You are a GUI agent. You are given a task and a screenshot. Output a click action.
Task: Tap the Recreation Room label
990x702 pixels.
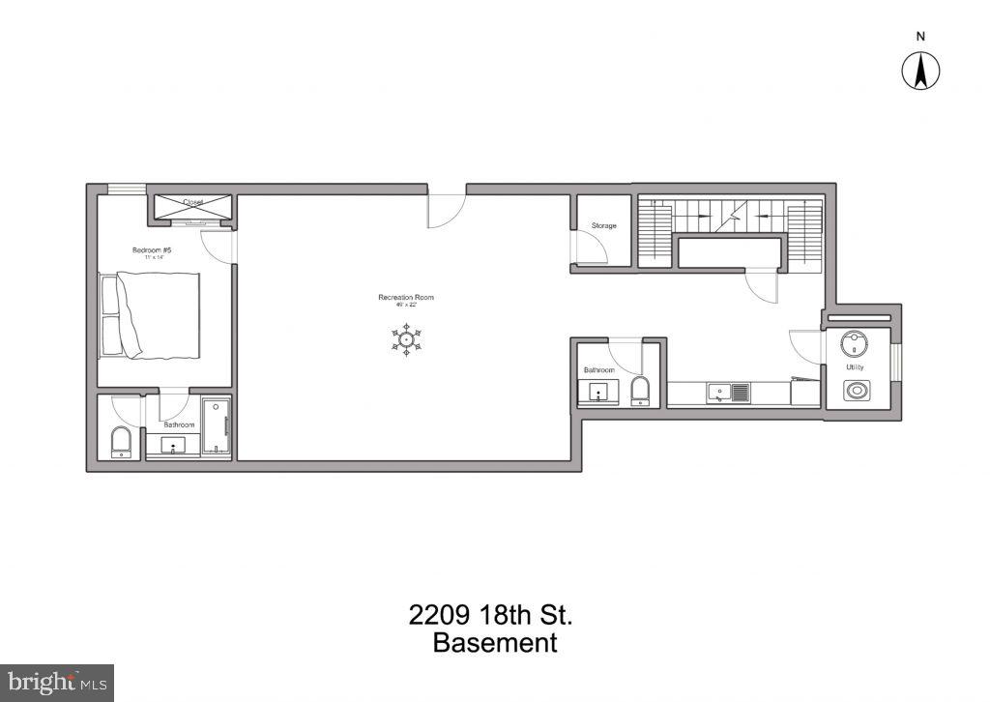(406, 297)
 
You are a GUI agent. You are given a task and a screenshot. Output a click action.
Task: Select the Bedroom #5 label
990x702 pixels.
(152, 250)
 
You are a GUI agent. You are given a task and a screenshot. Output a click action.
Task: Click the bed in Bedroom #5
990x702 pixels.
(151, 315)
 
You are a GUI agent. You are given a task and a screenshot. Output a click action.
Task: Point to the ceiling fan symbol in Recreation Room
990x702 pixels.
(407, 339)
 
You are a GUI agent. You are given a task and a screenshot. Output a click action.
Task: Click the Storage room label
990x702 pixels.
(604, 226)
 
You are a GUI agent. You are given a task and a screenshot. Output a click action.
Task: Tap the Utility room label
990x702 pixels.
(855, 367)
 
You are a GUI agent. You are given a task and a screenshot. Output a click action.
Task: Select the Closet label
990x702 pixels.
(192, 202)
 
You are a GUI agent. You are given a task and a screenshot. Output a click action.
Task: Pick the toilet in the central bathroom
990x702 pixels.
(640, 392)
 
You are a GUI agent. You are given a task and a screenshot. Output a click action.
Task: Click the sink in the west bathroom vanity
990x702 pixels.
(175, 446)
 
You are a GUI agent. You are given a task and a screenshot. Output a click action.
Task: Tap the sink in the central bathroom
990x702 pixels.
(598, 393)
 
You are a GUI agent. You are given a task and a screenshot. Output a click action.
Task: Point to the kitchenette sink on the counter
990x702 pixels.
(720, 393)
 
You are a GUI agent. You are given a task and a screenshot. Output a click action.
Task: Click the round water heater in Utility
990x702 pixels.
(854, 341)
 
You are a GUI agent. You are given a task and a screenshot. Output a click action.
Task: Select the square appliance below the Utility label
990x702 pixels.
(856, 391)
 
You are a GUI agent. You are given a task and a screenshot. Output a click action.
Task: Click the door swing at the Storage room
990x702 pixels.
(592, 250)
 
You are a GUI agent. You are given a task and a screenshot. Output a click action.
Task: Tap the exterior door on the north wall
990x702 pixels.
(447, 210)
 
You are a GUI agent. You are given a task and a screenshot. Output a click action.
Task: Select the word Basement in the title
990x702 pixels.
(495, 643)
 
